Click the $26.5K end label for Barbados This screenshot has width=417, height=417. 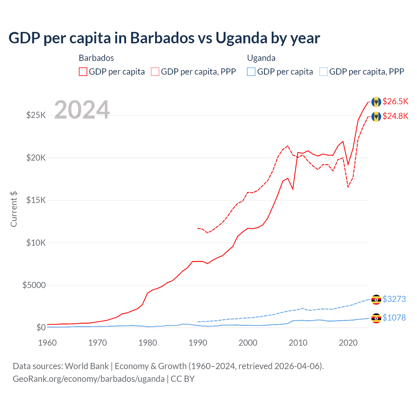(395, 101)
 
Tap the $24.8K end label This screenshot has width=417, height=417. (395, 116)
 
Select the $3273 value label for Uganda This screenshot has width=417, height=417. (394, 299)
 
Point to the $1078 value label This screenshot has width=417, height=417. (394, 318)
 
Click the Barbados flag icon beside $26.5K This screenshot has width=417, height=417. (376, 102)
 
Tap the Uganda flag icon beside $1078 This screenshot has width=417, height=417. (376, 318)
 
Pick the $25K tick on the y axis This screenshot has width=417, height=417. (36, 115)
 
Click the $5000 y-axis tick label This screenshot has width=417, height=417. (34, 285)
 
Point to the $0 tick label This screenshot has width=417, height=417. (41, 327)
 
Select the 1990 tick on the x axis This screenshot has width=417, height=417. (198, 343)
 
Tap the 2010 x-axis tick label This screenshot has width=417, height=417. (298, 343)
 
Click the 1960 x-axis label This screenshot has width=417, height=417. (48, 343)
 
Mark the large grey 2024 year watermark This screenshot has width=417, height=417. (82, 110)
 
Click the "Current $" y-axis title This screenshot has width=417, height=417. (14, 209)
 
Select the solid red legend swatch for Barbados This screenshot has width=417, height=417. (83, 72)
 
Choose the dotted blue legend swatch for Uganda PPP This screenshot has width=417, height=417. (324, 72)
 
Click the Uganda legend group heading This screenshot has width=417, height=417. (261, 58)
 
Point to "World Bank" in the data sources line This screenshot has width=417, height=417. (87, 366)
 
